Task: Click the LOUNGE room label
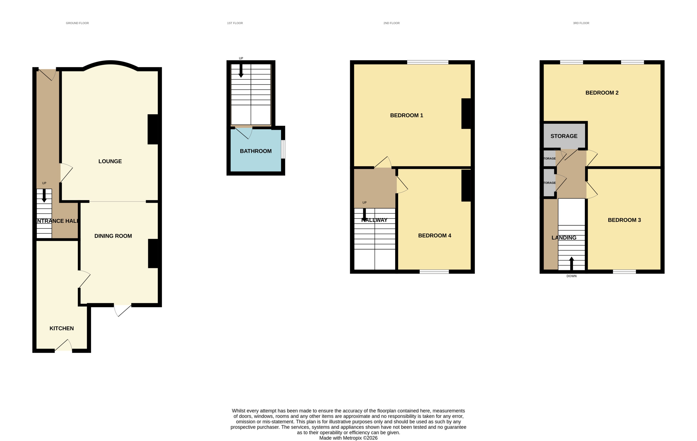point(110,161)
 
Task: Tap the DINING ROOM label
point(113,236)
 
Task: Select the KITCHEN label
point(62,328)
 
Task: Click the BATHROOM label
point(256,151)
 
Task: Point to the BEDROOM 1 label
point(406,116)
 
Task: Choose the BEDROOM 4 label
point(435,236)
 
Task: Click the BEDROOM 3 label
point(624,220)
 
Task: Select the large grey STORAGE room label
point(564,136)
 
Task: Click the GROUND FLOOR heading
point(77,23)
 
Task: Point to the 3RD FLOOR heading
point(581,23)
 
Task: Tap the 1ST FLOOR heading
point(235,23)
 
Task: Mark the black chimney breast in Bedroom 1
point(466,114)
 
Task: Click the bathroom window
point(283,149)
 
